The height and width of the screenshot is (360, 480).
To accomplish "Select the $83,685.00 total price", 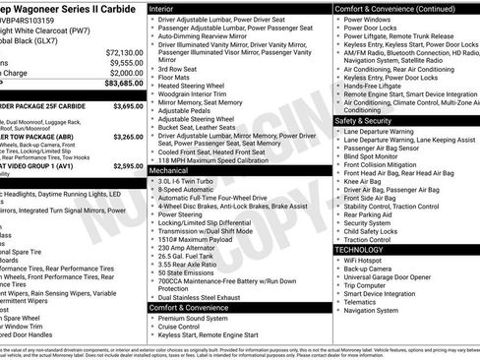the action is (x=123, y=84).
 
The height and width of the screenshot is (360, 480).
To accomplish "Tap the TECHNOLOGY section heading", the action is (x=366, y=250).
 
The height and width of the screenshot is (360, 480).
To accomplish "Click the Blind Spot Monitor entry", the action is (x=372, y=156).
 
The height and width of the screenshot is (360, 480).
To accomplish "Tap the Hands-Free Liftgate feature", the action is (x=377, y=87).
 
